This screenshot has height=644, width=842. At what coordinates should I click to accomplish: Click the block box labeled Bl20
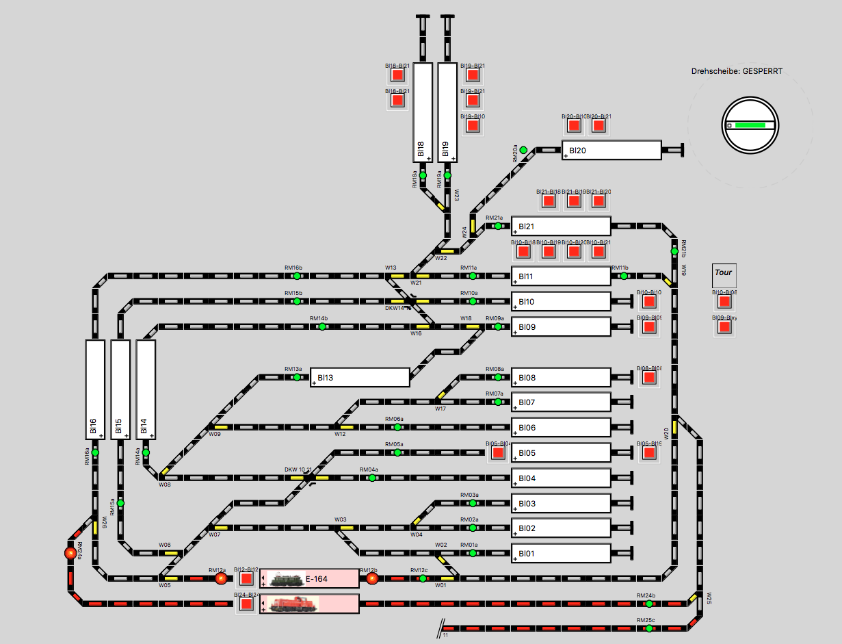611,151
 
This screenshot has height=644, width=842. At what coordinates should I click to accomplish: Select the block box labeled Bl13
360,377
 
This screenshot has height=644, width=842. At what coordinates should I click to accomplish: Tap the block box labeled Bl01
560,553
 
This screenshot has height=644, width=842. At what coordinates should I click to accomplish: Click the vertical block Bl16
95,389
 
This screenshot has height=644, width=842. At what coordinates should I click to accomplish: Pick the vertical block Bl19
447,113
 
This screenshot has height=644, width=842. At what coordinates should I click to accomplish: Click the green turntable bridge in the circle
750,125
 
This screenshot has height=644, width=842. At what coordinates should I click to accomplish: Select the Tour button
723,272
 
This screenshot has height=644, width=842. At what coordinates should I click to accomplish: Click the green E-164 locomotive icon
287,580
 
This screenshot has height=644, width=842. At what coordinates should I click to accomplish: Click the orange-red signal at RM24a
70,552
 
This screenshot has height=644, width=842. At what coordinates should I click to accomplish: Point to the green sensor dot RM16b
297,276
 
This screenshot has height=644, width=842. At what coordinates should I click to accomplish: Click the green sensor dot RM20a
523,150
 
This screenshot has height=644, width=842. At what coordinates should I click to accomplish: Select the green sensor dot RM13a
297,377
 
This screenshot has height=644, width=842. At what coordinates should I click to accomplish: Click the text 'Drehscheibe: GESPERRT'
736,71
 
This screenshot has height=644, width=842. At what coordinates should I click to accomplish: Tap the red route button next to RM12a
246,579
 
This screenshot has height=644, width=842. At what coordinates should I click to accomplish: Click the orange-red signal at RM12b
372,579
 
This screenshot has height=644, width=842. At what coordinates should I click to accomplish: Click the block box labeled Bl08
560,377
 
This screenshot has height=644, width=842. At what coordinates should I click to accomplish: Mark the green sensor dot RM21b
674,251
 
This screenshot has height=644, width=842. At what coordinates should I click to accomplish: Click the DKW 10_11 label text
298,469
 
